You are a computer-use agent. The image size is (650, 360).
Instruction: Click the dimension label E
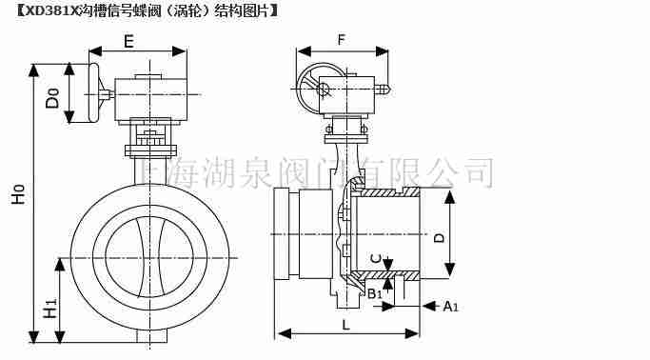pos(128,41)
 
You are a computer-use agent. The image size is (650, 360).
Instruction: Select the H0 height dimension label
pos(17,199)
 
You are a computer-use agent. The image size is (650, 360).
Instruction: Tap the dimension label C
pos(377,257)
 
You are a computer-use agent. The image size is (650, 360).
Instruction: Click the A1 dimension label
pos(451,306)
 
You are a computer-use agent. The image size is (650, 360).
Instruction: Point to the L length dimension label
pos(345,324)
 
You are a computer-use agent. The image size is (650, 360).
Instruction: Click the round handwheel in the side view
pos(320,90)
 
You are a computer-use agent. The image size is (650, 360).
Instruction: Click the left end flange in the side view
pos(281,232)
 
